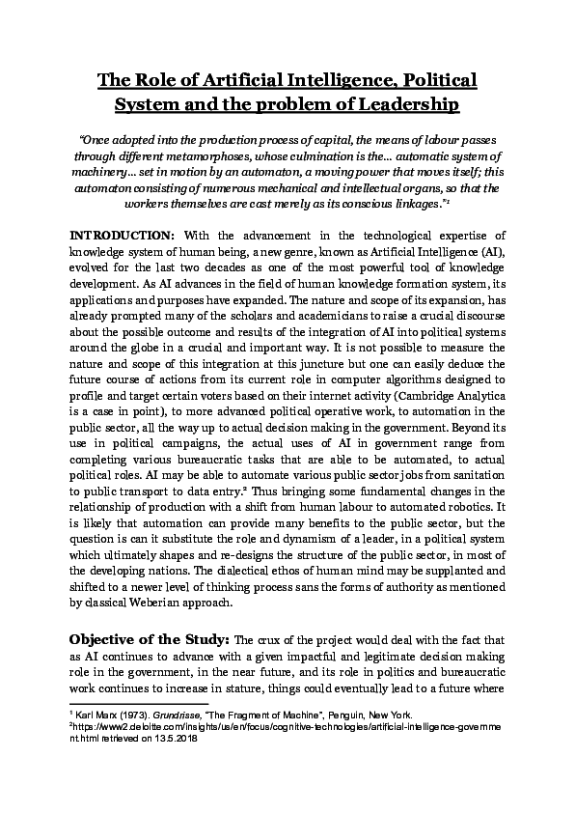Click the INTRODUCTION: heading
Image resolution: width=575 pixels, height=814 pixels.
pyautogui.click(x=122, y=236)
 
